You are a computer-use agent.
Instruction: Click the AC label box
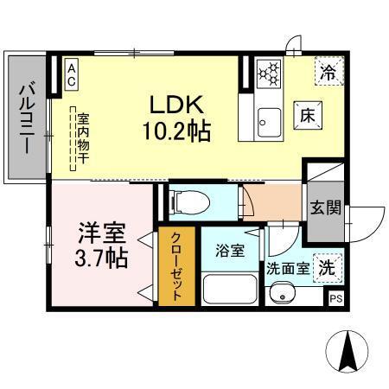coord(71,73)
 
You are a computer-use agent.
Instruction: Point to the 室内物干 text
coord(83,140)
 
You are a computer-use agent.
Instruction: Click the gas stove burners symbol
coord(269,72)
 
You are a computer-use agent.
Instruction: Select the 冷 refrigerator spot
coord(327,73)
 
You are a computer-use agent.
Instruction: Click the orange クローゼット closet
coord(176,265)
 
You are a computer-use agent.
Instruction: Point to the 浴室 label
coord(229,250)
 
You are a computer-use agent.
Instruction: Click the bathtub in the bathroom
coord(230,287)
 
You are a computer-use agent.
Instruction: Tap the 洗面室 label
coord(287,269)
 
